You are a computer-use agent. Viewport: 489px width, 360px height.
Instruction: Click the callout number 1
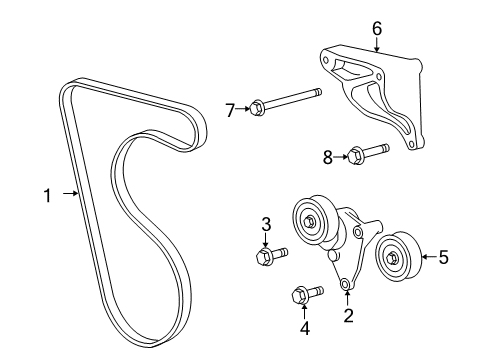click(x=46, y=195)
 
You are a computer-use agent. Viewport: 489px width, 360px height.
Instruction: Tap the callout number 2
click(x=348, y=317)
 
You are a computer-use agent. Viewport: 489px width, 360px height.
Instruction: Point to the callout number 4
click(x=277, y=326)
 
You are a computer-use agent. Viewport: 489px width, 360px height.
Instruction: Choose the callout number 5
click(x=443, y=257)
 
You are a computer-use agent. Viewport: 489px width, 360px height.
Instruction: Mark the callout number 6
click(x=377, y=29)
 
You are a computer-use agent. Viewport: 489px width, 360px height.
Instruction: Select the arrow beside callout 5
click(x=425, y=257)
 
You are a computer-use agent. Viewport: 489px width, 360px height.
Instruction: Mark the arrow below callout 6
click(x=377, y=45)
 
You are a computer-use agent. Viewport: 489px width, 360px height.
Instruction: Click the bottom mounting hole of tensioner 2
click(x=346, y=285)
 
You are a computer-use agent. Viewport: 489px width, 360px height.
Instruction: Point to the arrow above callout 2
click(x=348, y=300)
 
